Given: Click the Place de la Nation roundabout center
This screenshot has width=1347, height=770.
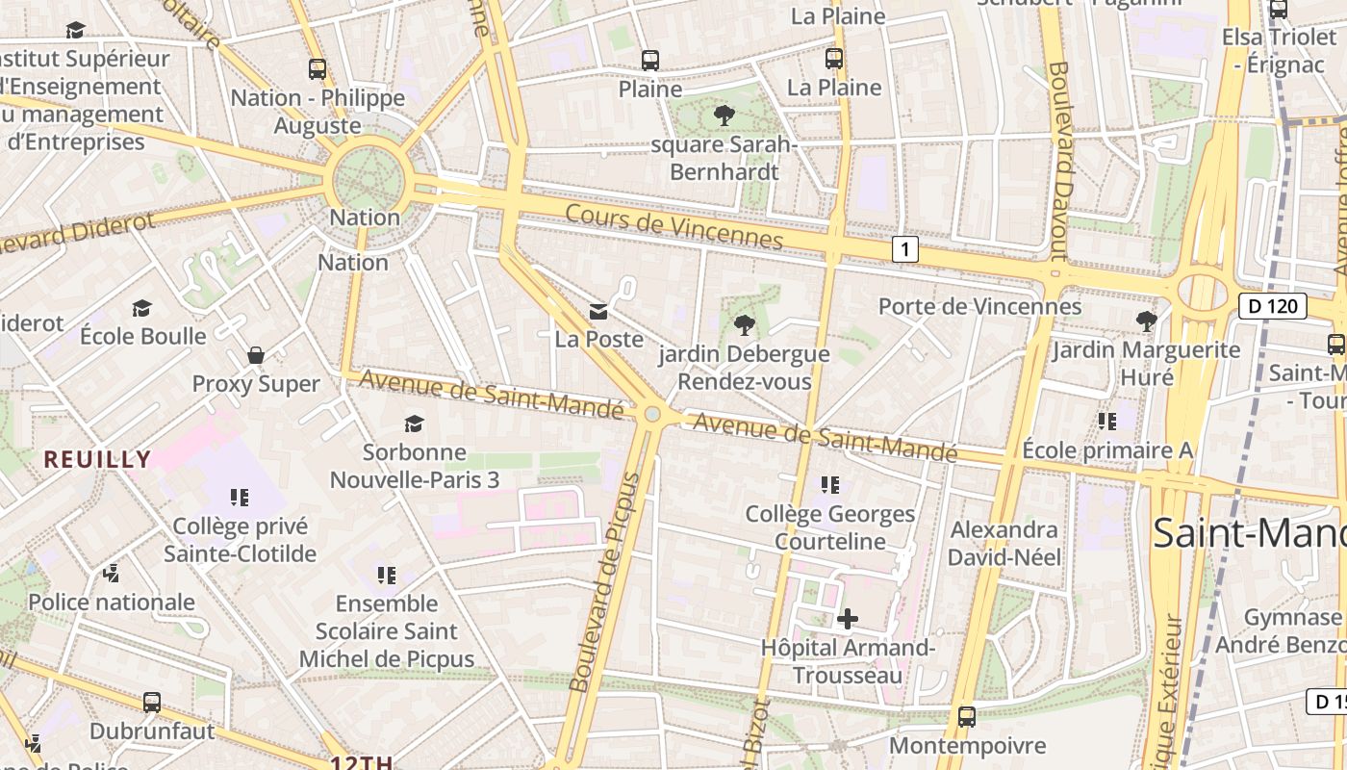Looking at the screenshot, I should pos(366,179).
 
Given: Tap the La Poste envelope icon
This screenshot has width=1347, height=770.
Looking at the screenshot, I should pos(598,311).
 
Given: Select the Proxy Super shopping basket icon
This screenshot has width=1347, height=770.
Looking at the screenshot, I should pos(256,355).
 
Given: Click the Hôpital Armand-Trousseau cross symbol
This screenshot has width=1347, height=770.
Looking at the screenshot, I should pos(847,619).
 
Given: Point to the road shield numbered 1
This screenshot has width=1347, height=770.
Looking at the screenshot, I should pos(904,249).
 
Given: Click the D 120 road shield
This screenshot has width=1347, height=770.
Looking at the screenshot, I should pos(1272,307).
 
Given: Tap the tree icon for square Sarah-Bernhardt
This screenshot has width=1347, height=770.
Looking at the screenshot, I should pos(724,115).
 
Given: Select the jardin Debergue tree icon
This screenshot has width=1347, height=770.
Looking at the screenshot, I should pos(744,324).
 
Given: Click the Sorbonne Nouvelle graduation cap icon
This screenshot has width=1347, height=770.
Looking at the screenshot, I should pos(414,423).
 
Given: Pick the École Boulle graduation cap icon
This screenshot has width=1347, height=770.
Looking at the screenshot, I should pos(142,308).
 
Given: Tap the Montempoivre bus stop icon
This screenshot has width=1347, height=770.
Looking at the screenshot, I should pos(967,717).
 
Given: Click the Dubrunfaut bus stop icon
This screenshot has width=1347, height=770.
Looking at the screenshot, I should pos(152,703).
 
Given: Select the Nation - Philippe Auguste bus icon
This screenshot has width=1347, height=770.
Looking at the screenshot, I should pos(318,69).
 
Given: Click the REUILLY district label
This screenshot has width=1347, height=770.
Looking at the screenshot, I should pos(97,459).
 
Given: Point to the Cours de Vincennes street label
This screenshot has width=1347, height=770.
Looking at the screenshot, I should pos(673,226).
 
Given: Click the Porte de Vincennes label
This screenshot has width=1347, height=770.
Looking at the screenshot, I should pos(979,307).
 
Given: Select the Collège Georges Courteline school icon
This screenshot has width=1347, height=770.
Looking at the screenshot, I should pos(830,485).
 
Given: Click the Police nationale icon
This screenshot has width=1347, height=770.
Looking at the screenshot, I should pos(112,574).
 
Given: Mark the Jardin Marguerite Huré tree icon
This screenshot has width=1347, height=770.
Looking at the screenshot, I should pos(1145,321).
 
